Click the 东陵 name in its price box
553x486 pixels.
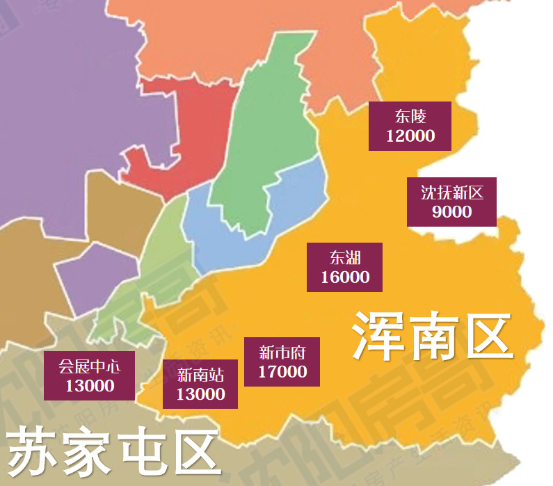click(x=410, y=115)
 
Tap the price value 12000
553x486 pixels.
click(x=410, y=136)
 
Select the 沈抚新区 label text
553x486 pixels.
click(x=451, y=192)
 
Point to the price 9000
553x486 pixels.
click(x=451, y=212)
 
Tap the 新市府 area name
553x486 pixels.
click(x=282, y=351)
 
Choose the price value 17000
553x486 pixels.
click(x=282, y=371)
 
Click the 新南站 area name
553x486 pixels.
click(x=200, y=375)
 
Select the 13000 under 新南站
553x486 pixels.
click(x=200, y=394)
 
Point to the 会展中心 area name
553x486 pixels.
click(x=89, y=365)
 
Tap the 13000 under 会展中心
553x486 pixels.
click(x=89, y=385)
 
